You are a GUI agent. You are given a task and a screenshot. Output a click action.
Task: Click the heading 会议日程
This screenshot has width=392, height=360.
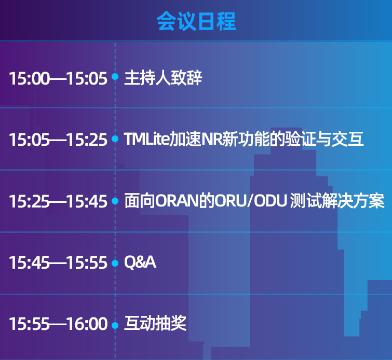click(196, 21)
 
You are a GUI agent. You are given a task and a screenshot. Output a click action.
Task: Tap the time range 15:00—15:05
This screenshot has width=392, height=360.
click(58, 78)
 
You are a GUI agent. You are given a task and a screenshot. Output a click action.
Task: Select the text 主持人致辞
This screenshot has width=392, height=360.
click(163, 78)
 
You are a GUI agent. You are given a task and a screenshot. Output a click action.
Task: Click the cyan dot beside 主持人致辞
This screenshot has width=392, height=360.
click(115, 77)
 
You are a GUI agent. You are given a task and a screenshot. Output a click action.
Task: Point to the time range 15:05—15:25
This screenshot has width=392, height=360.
click(58, 140)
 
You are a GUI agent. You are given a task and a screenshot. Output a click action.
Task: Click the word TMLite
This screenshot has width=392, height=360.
click(147, 139)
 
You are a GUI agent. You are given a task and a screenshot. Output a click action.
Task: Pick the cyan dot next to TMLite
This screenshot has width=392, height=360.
click(115, 139)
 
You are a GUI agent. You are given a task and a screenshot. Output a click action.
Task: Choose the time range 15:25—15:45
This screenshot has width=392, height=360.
click(58, 201)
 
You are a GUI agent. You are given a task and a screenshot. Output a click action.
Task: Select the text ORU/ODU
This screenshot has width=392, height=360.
click(251, 201)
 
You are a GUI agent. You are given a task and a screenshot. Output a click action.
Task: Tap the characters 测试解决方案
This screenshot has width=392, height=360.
click(337, 201)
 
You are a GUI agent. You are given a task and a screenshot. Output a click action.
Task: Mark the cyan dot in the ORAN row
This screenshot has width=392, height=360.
click(115, 201)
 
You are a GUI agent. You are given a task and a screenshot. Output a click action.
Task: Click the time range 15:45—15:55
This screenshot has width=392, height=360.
click(58, 263)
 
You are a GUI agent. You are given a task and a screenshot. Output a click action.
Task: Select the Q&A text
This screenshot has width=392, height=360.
click(140, 262)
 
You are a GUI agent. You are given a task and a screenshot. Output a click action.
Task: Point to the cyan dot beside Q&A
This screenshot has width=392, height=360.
click(115, 263)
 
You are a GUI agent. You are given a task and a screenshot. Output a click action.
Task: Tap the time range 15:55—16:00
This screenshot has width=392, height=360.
click(58, 324)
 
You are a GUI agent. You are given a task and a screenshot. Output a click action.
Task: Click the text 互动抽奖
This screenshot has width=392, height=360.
click(155, 323)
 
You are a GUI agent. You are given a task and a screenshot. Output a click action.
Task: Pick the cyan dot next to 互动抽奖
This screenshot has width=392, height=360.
click(115, 325)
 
